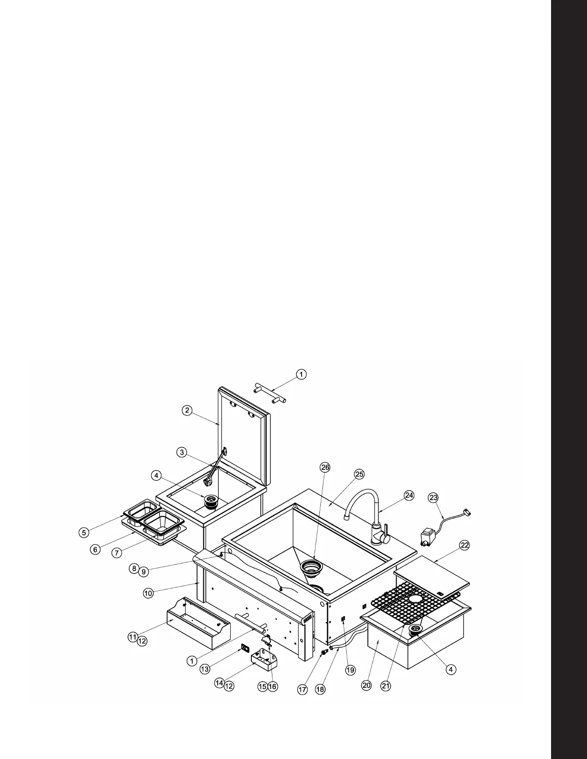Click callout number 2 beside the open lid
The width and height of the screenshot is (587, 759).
[x=187, y=410]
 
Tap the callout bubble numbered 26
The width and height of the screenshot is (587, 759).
[x=325, y=468]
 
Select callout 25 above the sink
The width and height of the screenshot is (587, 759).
[x=359, y=474]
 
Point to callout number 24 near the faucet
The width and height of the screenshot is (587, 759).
[x=409, y=495]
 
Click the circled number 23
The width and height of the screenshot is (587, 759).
[x=434, y=498]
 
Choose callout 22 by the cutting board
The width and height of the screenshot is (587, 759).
[x=464, y=545]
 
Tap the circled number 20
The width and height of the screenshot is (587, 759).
[x=366, y=685]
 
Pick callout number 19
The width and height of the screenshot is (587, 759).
[x=351, y=670]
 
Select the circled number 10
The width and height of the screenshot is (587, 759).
[x=148, y=593]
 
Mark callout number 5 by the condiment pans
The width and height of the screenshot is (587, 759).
[x=84, y=532]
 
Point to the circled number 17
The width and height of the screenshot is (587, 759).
[x=303, y=690]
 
